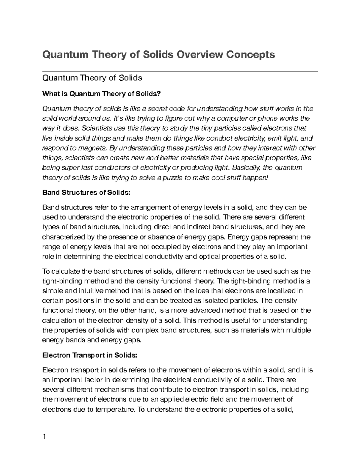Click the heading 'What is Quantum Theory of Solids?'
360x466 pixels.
(x=102, y=94)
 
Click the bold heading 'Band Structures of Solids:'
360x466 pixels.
(x=87, y=193)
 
